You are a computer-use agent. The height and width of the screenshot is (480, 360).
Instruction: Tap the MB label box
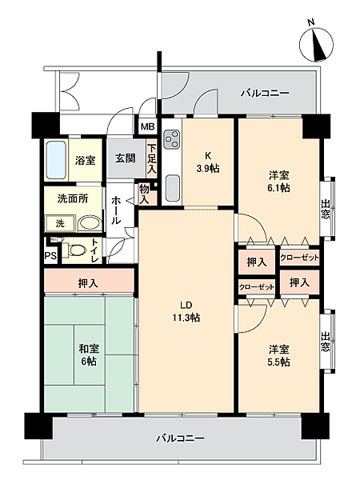click(148, 126)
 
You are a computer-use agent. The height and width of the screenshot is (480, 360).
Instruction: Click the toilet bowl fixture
click(77, 250)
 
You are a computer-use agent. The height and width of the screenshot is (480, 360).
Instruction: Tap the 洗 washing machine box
click(59, 223)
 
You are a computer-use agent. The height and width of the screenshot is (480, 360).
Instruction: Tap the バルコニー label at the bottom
click(180, 438)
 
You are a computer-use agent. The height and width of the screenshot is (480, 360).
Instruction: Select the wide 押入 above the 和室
click(88, 282)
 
